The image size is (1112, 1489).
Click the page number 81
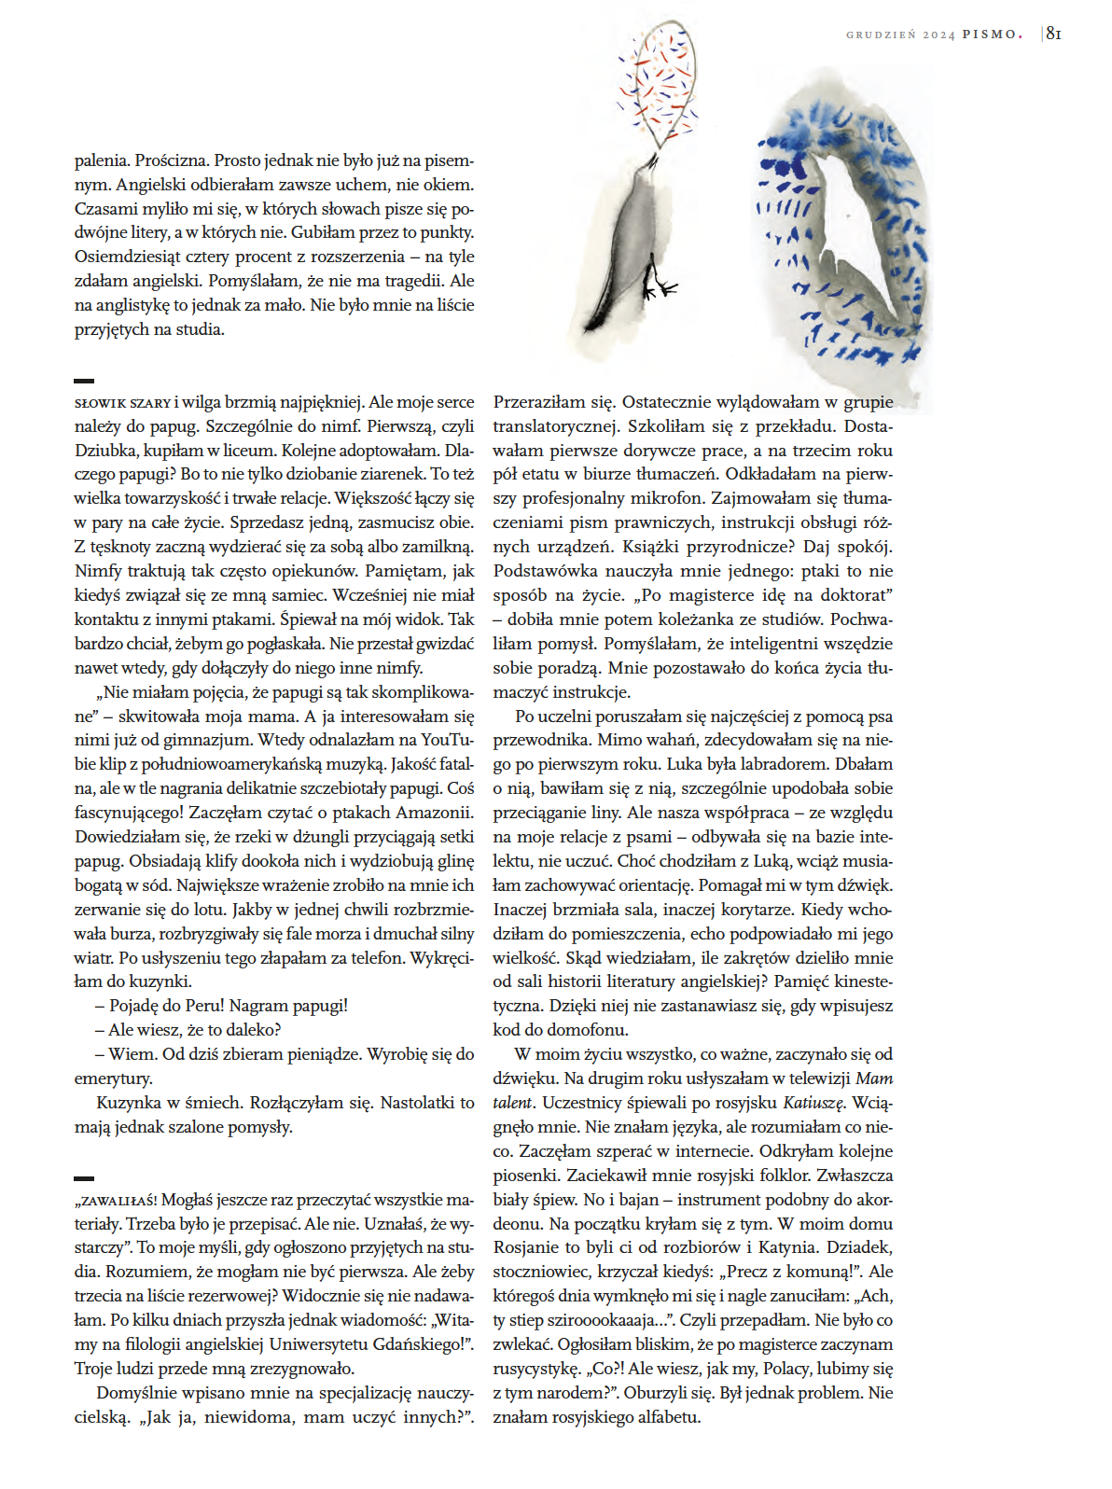[1053, 34]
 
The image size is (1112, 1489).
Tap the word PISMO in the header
[992, 35]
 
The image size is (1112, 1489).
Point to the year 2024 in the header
[938, 35]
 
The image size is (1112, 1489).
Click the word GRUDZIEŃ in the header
[881, 35]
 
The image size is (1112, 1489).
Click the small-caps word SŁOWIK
[99, 403]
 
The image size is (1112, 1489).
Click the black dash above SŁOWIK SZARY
[84, 381]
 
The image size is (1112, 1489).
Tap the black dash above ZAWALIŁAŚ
[84, 1178]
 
